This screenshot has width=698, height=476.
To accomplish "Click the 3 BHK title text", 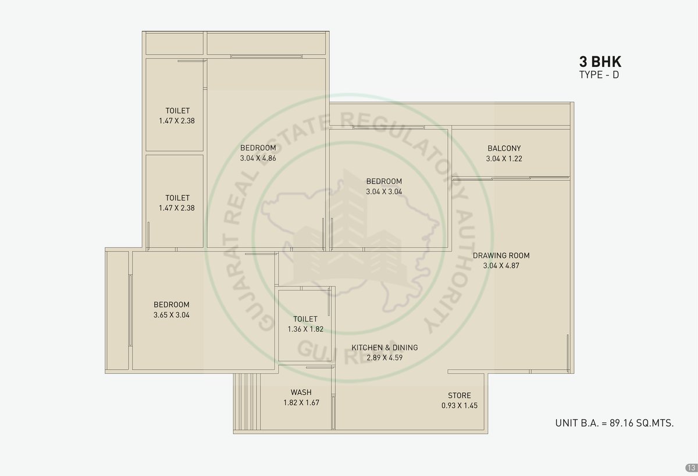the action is pos(600,62).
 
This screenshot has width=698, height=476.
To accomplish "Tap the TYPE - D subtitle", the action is pos(599,75).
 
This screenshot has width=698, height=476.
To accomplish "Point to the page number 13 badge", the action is pos(691,468).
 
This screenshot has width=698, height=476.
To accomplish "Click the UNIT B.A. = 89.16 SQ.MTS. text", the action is pos(614,423).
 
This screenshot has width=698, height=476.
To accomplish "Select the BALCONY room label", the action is pos(504,148).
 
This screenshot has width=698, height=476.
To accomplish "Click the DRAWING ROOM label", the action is pos(501,256).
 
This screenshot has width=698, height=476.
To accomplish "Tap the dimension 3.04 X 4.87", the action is pos(501,266).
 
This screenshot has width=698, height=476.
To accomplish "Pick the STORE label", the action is pos(460,395).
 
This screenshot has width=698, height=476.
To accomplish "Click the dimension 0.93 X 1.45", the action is pos(460,405).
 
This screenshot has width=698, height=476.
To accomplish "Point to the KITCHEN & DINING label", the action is pos(384,348).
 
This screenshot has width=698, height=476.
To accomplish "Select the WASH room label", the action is pos(301,392).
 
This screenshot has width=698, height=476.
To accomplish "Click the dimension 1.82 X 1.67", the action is pos(301,403).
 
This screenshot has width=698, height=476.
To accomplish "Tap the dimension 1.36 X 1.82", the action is pos(305,329).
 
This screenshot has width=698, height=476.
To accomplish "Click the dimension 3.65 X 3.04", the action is pos(172,315).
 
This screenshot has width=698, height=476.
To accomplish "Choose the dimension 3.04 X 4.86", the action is pos(258,158).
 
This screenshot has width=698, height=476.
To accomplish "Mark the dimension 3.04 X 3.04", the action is pos(384,191).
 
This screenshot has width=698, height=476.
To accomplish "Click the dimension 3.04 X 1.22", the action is pos(504,159).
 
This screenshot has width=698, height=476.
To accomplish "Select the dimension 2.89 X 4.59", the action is pos(384,357).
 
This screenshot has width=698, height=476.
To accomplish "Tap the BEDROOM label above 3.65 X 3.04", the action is pos(172,305).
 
